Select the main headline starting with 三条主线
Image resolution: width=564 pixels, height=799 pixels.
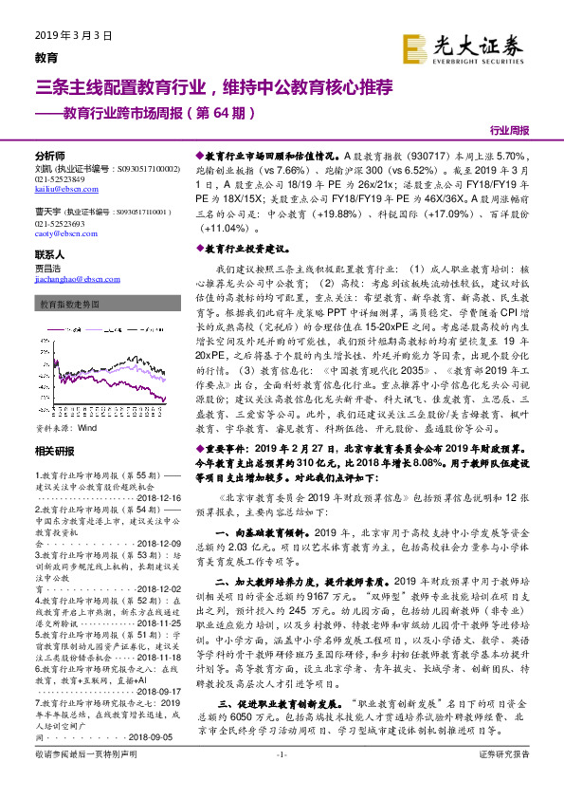coord(200,89)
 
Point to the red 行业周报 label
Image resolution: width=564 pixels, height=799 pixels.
coord(509,130)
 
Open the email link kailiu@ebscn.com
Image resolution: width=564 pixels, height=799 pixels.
coord(60,190)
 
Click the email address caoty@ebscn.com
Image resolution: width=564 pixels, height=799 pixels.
coord(60,232)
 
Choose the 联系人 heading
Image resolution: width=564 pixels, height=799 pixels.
coord(49,255)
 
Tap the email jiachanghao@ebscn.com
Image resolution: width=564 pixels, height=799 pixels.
coord(71,278)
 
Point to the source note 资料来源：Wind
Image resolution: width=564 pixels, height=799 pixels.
coord(65,402)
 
